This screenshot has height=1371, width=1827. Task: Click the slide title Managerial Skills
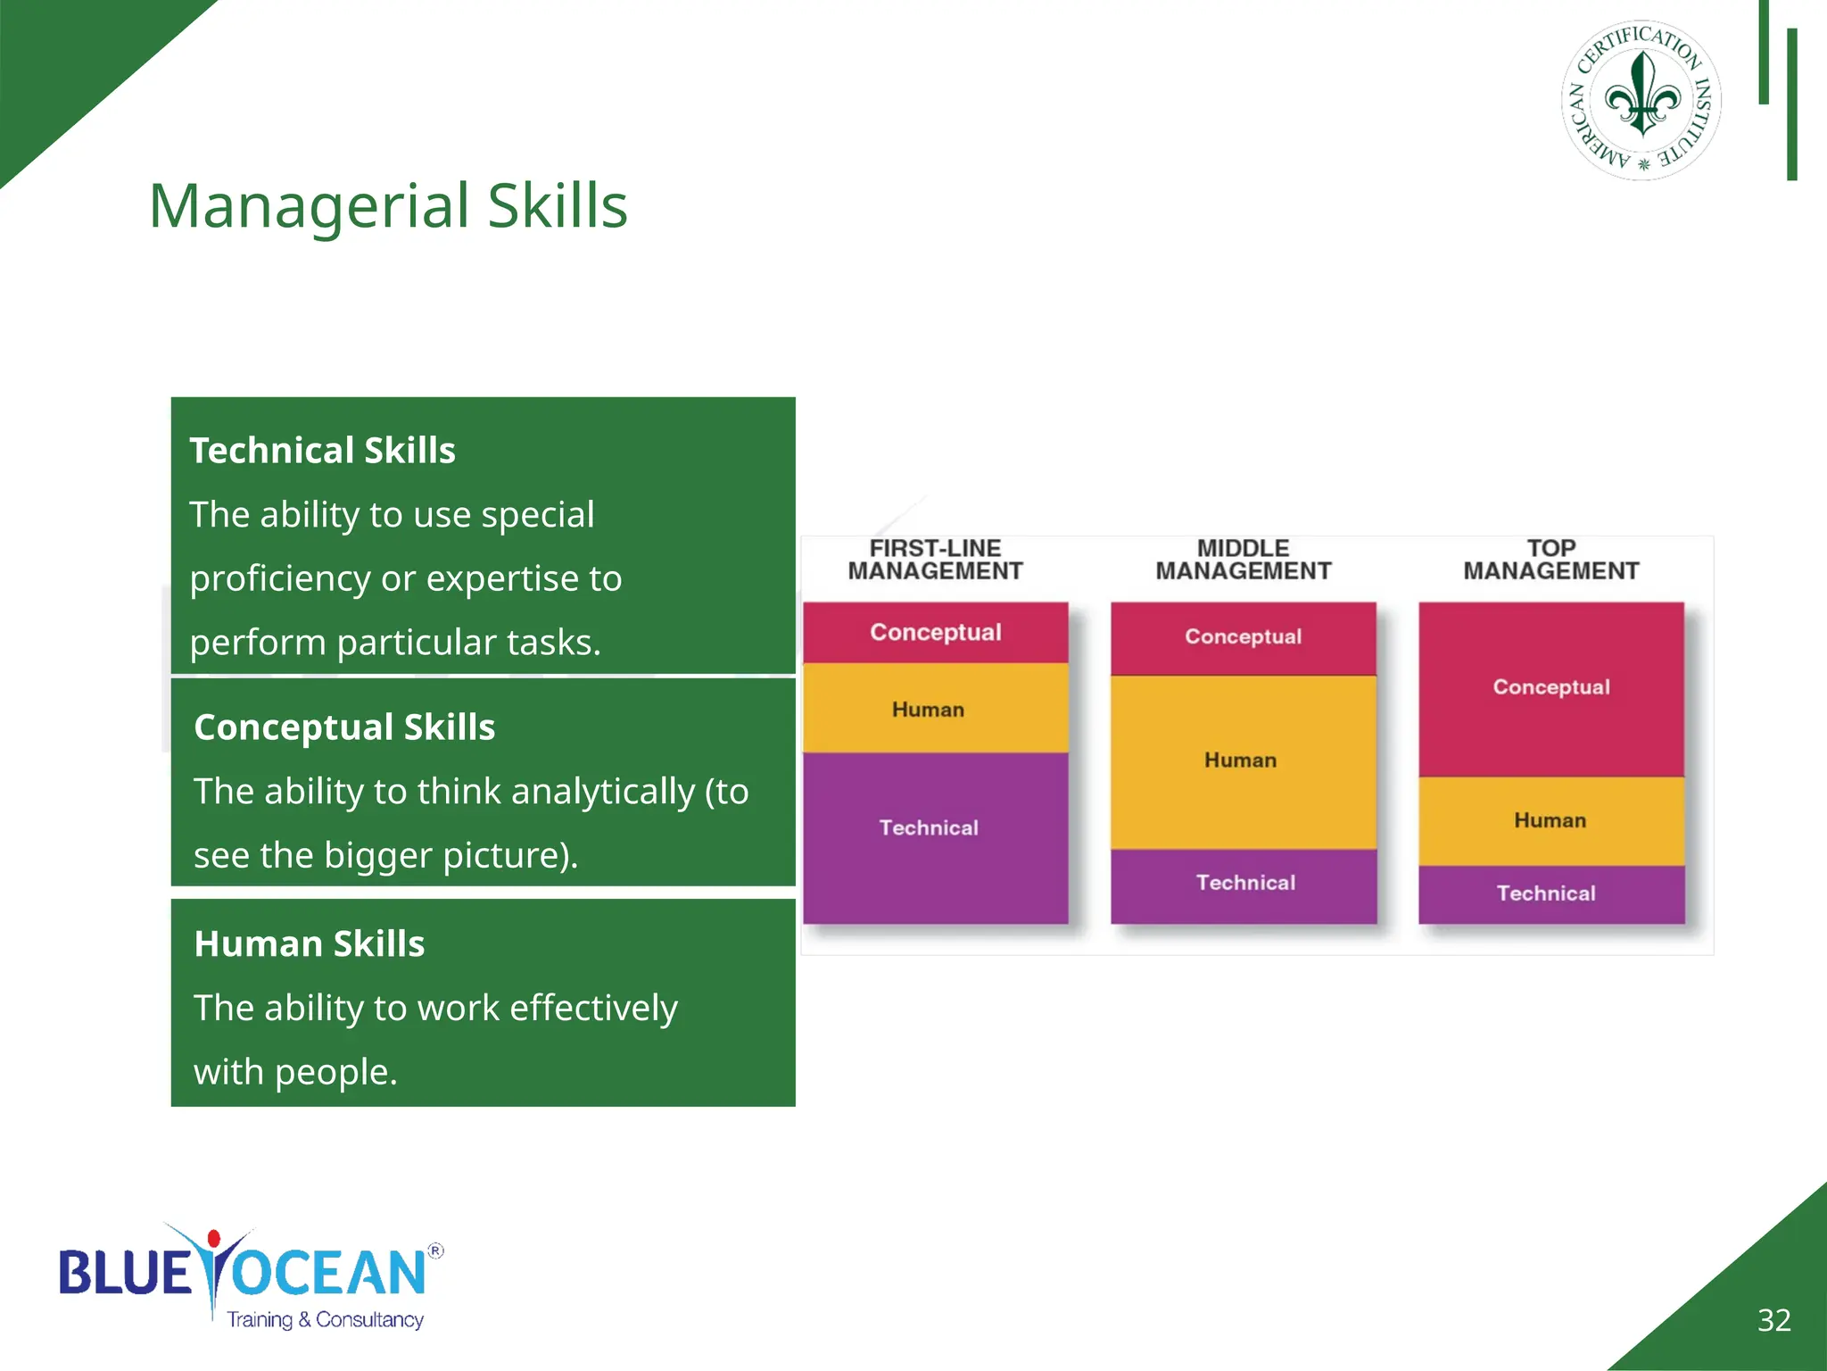pos(388,206)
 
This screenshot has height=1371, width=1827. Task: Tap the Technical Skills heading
pos(322,451)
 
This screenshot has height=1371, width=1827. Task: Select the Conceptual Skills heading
pos(344,727)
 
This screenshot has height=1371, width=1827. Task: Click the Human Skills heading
pos(310,944)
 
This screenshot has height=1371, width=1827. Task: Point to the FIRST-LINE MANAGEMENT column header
pos(935,560)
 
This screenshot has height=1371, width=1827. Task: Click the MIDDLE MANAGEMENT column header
pos(1243,560)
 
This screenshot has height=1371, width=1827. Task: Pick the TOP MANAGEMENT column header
pos(1550,560)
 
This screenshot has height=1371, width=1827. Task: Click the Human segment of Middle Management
pos(1242,760)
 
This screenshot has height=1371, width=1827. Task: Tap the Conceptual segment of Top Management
pos(1550,687)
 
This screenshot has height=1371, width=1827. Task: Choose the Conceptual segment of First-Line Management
pos(935,633)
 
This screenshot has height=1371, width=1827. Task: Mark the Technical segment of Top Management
pos(1550,893)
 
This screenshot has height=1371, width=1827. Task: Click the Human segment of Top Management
pos(1550,820)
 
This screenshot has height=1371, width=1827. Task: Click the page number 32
pos(1773,1320)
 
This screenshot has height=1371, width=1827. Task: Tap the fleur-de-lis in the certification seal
pos(1641,96)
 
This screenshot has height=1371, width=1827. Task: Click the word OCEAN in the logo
pos(330,1274)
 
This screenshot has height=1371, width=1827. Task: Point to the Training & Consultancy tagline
pos(325,1319)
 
